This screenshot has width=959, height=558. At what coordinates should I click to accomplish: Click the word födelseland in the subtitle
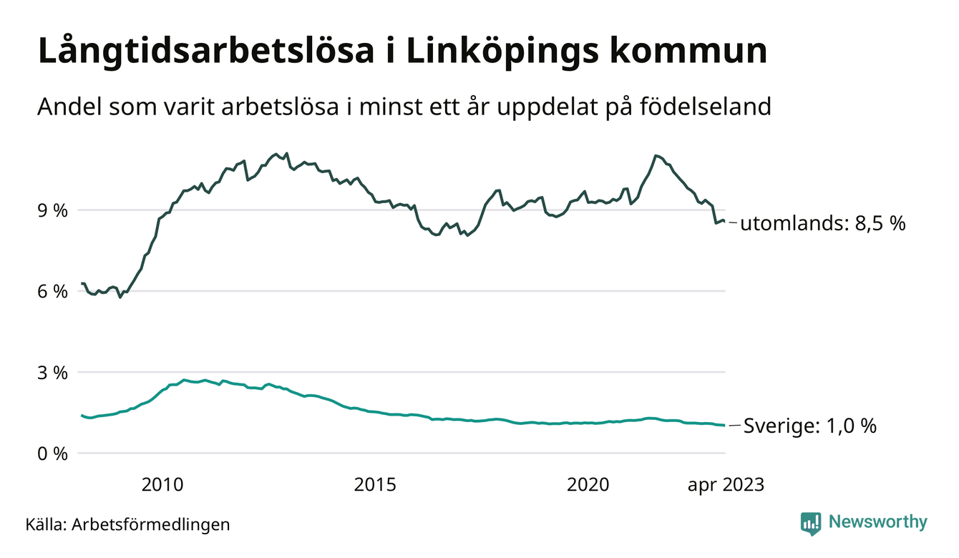(706, 107)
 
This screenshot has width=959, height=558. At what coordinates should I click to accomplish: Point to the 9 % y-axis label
(53, 210)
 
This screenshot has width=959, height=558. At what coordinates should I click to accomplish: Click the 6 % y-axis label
(53, 291)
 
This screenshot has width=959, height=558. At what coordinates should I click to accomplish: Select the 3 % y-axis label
(53, 373)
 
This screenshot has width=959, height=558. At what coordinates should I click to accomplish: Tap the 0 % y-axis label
(53, 454)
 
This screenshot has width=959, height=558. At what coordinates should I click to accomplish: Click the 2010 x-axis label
(162, 485)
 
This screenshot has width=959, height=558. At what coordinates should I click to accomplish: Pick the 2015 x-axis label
(375, 485)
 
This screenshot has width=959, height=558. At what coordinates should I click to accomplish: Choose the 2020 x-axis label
(588, 485)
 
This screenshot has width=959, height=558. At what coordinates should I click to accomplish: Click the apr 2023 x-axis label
(726, 485)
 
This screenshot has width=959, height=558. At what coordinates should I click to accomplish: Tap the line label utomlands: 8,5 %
(823, 224)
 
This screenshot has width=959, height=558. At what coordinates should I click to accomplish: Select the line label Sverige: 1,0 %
(810, 426)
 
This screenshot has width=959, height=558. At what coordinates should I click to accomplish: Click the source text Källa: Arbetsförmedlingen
(127, 524)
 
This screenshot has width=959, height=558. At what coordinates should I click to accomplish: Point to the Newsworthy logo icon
(811, 523)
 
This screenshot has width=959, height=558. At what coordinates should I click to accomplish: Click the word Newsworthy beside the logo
(877, 522)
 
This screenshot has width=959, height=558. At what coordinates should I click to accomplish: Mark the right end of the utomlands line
(724, 221)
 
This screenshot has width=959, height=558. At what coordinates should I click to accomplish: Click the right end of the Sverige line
(724, 426)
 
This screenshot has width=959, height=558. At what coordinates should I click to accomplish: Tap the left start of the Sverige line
(82, 415)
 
